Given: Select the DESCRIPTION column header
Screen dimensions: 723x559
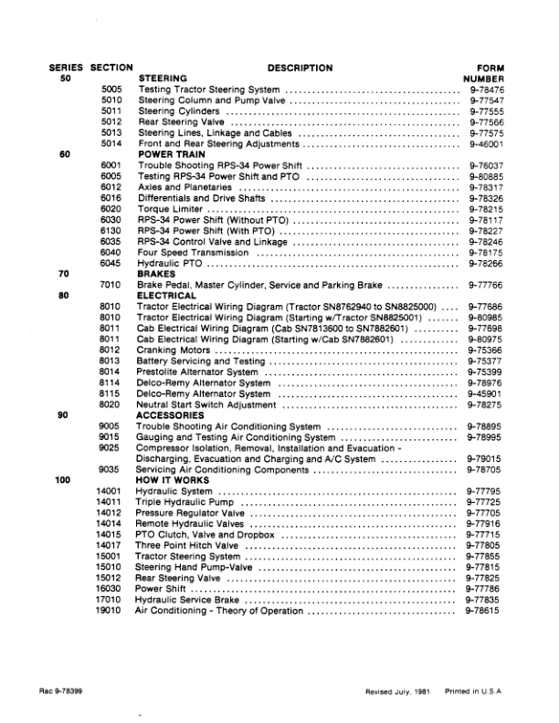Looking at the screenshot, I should click(x=300, y=68).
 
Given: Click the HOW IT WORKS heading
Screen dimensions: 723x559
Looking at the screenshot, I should click(x=171, y=480).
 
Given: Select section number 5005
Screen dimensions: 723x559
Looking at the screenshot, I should click(x=111, y=89).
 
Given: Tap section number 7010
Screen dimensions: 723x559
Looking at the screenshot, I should click(x=111, y=285).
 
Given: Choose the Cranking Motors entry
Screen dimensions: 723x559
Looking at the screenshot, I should click(x=173, y=351).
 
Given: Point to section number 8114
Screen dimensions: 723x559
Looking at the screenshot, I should click(x=111, y=382).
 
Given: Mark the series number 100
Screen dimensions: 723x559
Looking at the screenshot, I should click(x=64, y=480).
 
